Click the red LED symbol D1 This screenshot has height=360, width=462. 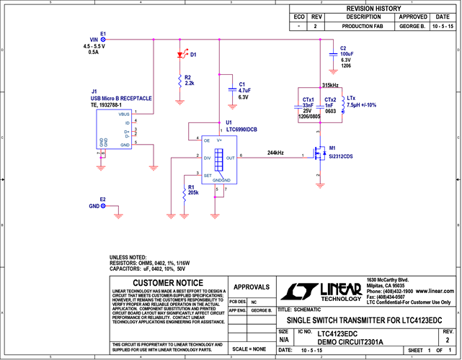point(179,55)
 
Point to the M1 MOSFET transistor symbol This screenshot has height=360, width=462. point(318,154)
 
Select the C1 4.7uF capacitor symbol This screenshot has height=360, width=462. point(230,89)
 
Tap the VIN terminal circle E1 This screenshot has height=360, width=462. point(102,40)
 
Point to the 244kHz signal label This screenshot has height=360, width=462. point(275,153)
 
